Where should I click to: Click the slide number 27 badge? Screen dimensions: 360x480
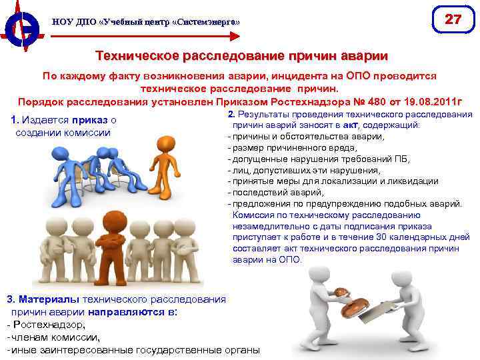453,19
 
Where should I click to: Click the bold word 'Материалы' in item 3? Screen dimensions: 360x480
47,300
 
